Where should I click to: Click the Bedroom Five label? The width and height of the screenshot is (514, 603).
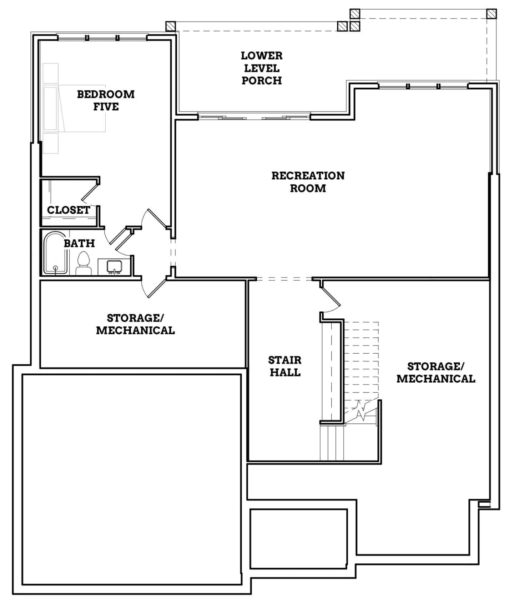(x=106, y=100)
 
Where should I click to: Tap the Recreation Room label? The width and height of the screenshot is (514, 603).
(x=308, y=182)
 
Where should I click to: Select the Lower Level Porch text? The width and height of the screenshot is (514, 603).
(x=262, y=68)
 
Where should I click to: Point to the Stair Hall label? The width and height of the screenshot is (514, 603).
(x=285, y=366)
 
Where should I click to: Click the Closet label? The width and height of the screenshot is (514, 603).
(x=69, y=210)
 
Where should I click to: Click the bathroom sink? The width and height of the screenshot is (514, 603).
(x=114, y=266)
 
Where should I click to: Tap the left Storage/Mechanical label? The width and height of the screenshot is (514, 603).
(x=135, y=324)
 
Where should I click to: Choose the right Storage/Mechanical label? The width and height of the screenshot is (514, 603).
(x=435, y=373)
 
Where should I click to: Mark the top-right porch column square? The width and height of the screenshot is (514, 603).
(x=491, y=14)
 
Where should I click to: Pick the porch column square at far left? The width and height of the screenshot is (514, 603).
(x=171, y=26)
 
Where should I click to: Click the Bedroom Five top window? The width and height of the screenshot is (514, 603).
(x=102, y=38)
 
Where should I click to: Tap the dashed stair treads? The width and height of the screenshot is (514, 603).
(x=361, y=361)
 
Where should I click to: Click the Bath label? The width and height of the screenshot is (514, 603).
(x=79, y=244)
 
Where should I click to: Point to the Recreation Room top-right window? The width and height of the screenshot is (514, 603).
(x=423, y=86)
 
